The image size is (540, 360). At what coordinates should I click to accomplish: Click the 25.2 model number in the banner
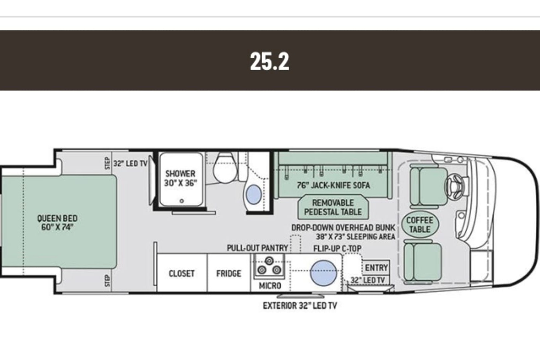[x=269, y=61]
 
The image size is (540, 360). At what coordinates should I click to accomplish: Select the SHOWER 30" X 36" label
[x=180, y=178]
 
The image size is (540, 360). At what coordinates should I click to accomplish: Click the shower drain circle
[x=182, y=201]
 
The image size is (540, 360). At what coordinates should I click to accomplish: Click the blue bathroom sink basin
[x=254, y=194]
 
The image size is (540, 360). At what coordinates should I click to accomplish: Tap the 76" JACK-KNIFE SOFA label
[x=334, y=185]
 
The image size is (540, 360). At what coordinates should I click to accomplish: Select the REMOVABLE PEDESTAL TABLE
[x=333, y=207]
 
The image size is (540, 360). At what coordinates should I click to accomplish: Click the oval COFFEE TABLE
[x=420, y=225]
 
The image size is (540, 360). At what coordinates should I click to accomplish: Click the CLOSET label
[x=182, y=273]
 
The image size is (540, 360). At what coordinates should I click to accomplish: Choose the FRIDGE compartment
[x=228, y=273]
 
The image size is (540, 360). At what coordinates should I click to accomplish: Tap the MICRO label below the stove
[x=270, y=286]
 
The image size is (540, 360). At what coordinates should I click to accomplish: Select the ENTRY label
[x=377, y=268]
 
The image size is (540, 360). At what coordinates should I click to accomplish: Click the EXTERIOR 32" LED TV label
[x=300, y=306]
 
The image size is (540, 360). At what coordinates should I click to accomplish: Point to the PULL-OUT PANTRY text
[x=258, y=248]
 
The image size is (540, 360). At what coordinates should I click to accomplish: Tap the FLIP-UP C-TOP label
[x=337, y=248]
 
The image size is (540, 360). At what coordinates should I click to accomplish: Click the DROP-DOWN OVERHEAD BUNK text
[x=343, y=228]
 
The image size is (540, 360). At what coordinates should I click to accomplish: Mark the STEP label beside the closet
[x=107, y=281]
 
